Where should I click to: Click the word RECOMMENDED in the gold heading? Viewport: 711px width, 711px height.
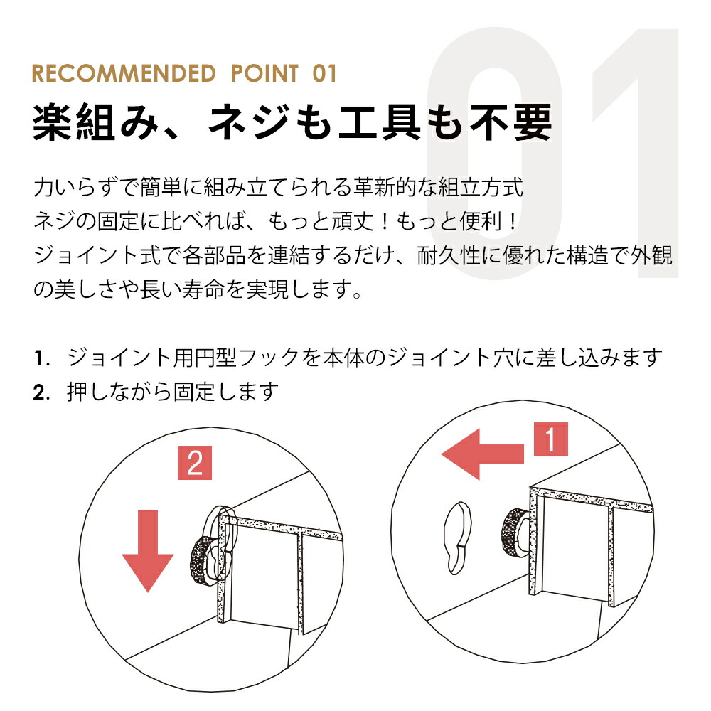pyautogui.click(x=124, y=73)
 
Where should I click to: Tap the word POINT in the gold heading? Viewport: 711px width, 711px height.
pyautogui.click(x=264, y=73)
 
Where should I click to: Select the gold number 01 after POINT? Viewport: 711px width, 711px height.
pyautogui.click(x=325, y=73)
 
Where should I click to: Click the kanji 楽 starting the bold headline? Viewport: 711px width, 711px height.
pyautogui.click(x=53, y=122)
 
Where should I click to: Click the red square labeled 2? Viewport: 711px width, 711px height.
pyautogui.click(x=195, y=463)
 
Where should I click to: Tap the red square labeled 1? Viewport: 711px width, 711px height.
pyautogui.click(x=550, y=439)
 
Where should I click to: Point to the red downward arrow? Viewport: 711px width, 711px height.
pyautogui.click(x=148, y=550)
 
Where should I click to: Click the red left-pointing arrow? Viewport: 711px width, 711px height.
pyautogui.click(x=482, y=454)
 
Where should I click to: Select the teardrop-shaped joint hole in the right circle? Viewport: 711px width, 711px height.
pyautogui.click(x=457, y=538)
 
